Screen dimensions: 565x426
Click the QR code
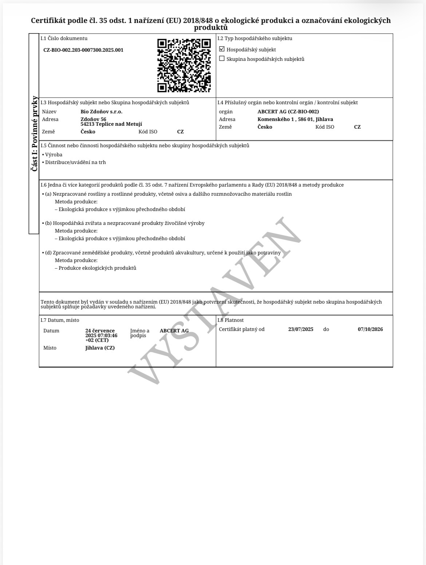184,65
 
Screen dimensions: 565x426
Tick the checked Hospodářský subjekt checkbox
222,49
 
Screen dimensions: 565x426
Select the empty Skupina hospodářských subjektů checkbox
222,59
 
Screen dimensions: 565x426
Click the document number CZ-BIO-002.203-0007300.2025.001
83,50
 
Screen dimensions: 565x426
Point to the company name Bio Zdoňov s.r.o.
102,112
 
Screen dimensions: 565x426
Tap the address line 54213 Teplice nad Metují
111,124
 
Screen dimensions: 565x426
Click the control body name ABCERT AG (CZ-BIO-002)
288,112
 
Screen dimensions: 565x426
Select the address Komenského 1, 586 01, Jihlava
295,119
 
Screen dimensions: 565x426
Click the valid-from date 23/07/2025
301,329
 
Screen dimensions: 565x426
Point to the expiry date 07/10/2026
370,329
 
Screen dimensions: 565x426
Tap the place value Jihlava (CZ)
100,348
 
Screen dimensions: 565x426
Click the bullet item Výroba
54,155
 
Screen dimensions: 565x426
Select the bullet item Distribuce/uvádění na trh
75,162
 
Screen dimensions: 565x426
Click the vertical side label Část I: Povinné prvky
34,133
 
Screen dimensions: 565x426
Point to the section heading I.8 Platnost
230,320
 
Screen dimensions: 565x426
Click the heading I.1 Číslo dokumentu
64,38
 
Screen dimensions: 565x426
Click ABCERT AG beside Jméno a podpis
174,331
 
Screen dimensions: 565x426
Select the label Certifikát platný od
242,329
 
